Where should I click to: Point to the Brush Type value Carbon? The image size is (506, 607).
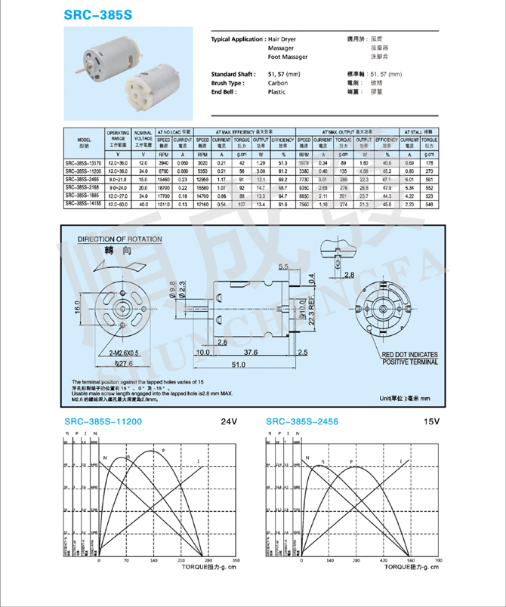(278, 83)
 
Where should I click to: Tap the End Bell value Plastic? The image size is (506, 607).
(277, 92)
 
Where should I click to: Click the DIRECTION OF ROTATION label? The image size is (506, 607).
(120, 239)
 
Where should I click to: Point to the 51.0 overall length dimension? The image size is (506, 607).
(238, 365)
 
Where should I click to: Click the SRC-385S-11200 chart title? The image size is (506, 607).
(103, 421)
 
